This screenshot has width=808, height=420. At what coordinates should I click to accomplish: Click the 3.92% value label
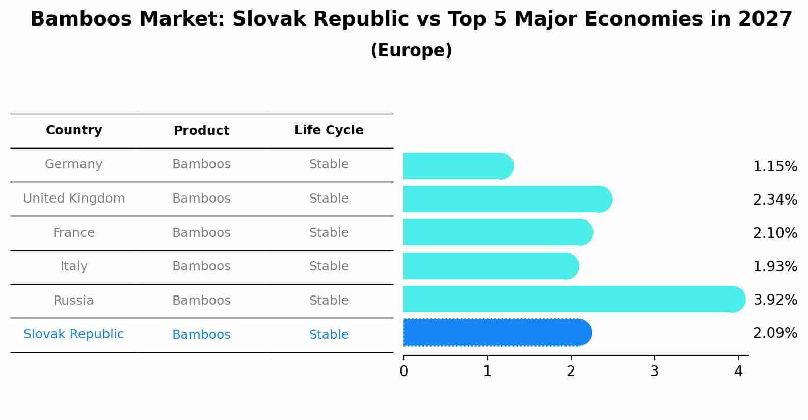(775, 300)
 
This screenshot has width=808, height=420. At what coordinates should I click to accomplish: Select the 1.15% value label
(775, 167)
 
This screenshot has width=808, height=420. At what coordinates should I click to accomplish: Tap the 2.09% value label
(775, 333)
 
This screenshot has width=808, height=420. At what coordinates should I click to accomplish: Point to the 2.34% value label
(775, 200)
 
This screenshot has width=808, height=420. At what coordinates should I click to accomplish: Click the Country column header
(74, 130)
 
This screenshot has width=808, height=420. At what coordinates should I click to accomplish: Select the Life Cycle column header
(329, 130)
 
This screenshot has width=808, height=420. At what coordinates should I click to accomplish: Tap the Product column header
(201, 131)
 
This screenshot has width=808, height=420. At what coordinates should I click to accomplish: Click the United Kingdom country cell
(74, 199)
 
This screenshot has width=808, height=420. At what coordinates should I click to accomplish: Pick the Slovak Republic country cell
(74, 334)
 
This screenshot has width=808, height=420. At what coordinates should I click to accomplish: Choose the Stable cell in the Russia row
(329, 301)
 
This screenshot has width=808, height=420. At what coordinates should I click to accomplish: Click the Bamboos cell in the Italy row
(201, 266)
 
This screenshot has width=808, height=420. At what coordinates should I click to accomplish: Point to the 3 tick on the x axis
(655, 371)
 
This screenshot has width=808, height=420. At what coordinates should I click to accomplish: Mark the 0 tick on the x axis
(403, 371)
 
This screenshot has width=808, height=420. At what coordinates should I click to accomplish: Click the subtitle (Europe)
(411, 51)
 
